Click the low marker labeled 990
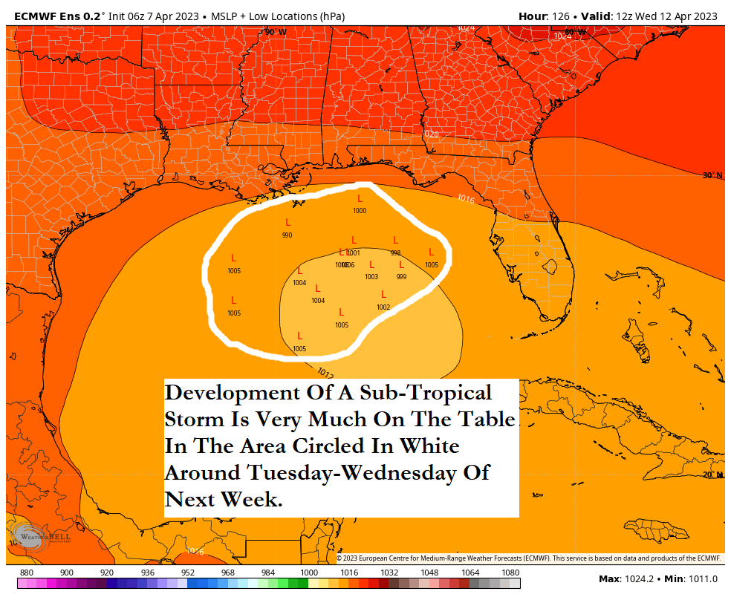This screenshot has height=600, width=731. tap(287, 223)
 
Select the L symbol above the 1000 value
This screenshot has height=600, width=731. tap(360, 198)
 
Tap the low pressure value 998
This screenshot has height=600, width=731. tap(395, 252)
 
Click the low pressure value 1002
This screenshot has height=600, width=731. tap(383, 307)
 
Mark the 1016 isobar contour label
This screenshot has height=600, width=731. tap(466, 199)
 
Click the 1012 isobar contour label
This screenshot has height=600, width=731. tap(325, 372)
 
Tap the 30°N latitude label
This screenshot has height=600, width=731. tap(712, 175)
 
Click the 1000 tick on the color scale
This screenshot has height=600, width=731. tap(308, 573)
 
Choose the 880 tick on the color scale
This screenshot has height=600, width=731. tap(27, 573)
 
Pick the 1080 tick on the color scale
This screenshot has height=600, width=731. tap(510, 573)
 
